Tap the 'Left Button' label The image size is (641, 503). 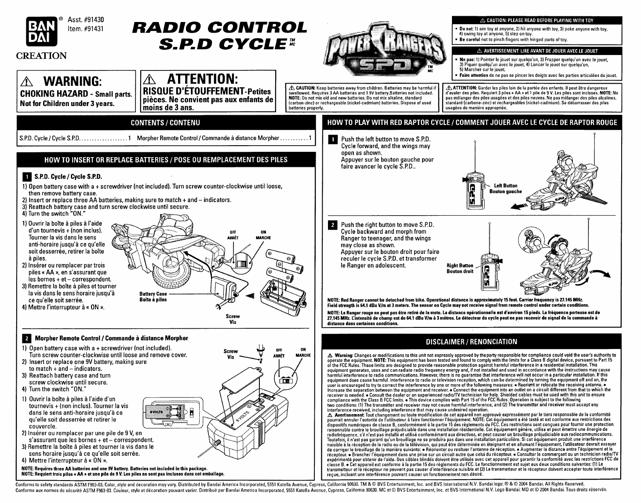506,186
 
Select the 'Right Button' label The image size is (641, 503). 460,265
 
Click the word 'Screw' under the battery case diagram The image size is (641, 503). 233,316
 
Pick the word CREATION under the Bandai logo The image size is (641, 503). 41,56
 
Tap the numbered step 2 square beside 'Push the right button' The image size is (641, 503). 333,225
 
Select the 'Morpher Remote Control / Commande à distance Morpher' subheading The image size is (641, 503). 111,338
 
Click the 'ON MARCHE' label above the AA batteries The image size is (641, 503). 263,235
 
